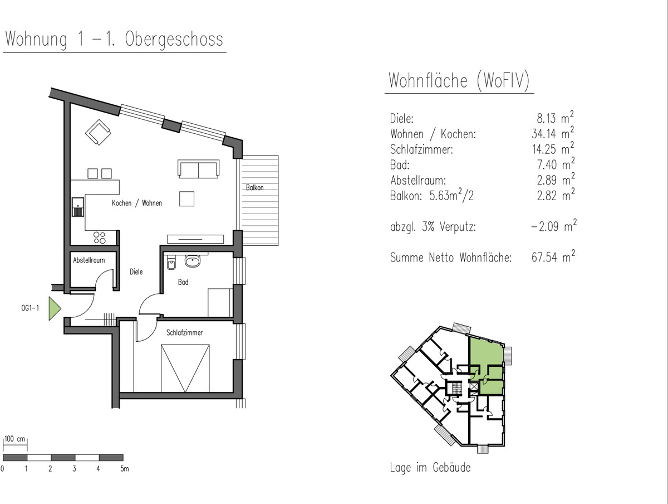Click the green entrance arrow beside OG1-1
54,308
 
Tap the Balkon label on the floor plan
255,187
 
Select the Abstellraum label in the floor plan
89,260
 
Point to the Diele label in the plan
136,272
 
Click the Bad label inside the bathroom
183,282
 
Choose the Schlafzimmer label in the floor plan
184,332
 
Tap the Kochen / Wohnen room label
137,203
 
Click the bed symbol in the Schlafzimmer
185,368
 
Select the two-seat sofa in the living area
198,169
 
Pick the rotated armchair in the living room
98,132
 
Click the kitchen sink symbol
78,207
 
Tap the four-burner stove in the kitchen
100,238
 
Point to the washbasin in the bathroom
193,261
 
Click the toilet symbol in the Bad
171,263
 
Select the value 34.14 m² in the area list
553,133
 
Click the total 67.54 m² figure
553,256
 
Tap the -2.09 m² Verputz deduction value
553,226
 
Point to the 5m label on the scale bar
125,469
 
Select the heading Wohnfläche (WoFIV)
459,80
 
